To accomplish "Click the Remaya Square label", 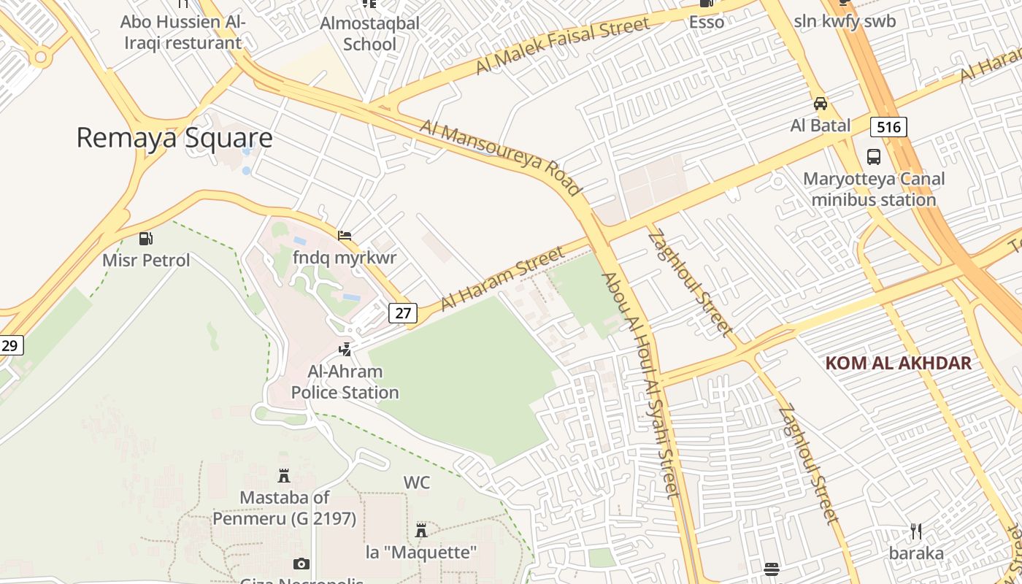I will tap(174, 138).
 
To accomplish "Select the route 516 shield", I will tap(888, 127).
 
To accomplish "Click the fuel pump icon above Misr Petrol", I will tap(146, 238).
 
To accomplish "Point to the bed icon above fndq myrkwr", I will tap(345, 235).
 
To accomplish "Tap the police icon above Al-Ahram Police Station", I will tap(345, 350).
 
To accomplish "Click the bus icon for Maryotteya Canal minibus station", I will tap(873, 156).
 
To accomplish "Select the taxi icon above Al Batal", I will tap(821, 103).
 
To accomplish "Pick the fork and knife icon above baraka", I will tap(916, 531).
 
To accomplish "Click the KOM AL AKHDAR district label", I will tap(899, 363).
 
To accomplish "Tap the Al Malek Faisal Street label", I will tap(561, 46).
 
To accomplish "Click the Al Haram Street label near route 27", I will tap(503, 278).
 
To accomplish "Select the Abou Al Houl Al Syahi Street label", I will tap(641, 385).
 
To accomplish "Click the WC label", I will tap(417, 483).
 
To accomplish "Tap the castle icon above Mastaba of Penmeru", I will tap(284, 477).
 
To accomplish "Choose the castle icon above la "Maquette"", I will tap(420, 530).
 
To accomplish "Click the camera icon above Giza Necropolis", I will tap(301, 564).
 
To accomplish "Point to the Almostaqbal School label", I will tap(370, 34).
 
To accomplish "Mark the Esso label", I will tap(707, 22).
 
